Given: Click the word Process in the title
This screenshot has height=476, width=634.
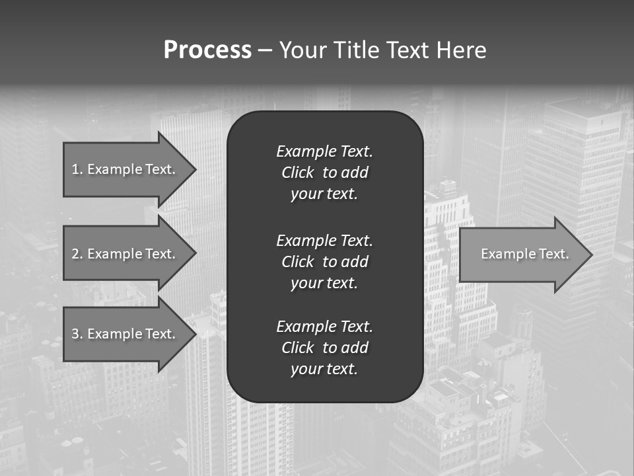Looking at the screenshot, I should [207, 50].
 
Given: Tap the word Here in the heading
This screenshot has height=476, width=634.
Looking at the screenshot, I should [461, 50].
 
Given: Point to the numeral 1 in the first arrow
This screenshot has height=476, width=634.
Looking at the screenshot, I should [75, 169].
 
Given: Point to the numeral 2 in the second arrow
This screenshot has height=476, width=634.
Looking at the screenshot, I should [75, 254].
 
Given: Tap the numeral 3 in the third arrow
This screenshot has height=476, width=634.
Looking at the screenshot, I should [75, 334].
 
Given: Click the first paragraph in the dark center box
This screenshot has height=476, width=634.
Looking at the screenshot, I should [324, 173].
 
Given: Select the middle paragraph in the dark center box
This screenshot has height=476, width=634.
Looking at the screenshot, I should [324, 262].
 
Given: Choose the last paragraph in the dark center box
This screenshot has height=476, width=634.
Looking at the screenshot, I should [324, 348].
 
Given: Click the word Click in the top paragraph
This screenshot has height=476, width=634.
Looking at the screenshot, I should [298, 173].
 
